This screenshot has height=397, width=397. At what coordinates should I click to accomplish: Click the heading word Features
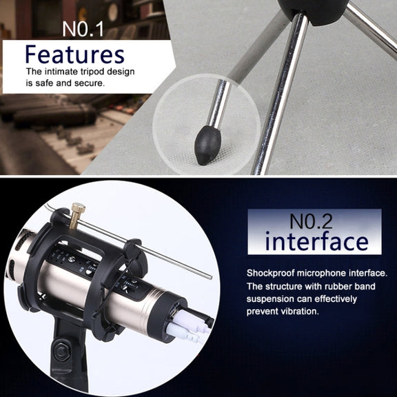[x=75, y=54]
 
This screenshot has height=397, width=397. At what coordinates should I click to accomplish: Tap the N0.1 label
[x=83, y=29]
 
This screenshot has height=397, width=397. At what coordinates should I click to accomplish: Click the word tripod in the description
[x=92, y=72]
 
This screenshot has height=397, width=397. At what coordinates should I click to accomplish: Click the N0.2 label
[x=311, y=221]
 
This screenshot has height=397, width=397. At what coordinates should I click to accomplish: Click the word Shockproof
[x=271, y=273]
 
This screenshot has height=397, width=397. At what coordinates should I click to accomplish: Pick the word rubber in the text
[x=337, y=286]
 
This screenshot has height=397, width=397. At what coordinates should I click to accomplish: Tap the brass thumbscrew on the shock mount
[x=77, y=215]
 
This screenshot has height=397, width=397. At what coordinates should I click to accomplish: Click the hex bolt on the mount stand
[x=61, y=352]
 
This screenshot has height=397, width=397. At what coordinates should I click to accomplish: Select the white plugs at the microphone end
[x=186, y=327]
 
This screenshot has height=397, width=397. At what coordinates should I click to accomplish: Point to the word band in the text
[x=364, y=286]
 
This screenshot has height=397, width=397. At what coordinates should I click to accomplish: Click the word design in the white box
[x=121, y=72]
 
